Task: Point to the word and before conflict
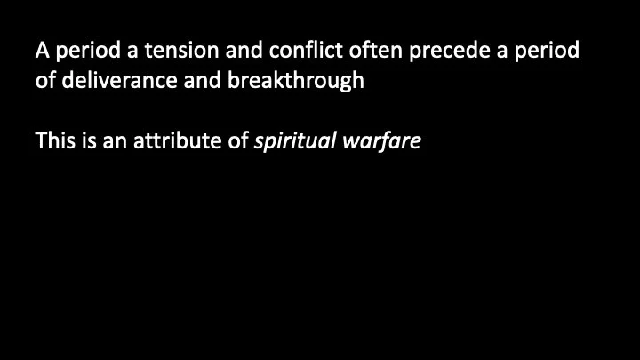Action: coord(236,51)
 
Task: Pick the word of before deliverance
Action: coord(45,81)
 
